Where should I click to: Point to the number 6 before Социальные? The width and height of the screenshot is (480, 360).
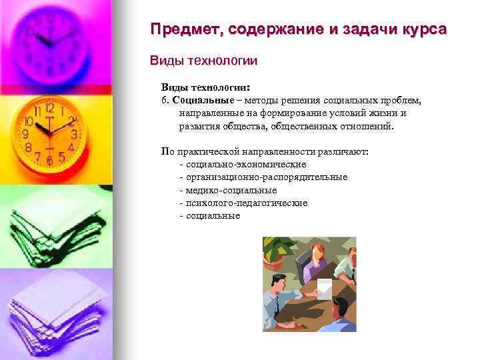163,100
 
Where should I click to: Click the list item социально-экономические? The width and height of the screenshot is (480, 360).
246,164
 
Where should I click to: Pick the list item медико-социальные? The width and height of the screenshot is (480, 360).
231,190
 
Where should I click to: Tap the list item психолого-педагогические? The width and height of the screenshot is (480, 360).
247,203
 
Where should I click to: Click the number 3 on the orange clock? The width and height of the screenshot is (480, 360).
74,134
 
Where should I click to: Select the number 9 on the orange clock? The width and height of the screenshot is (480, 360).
26,134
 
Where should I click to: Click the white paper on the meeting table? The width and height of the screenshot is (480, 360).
324,288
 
